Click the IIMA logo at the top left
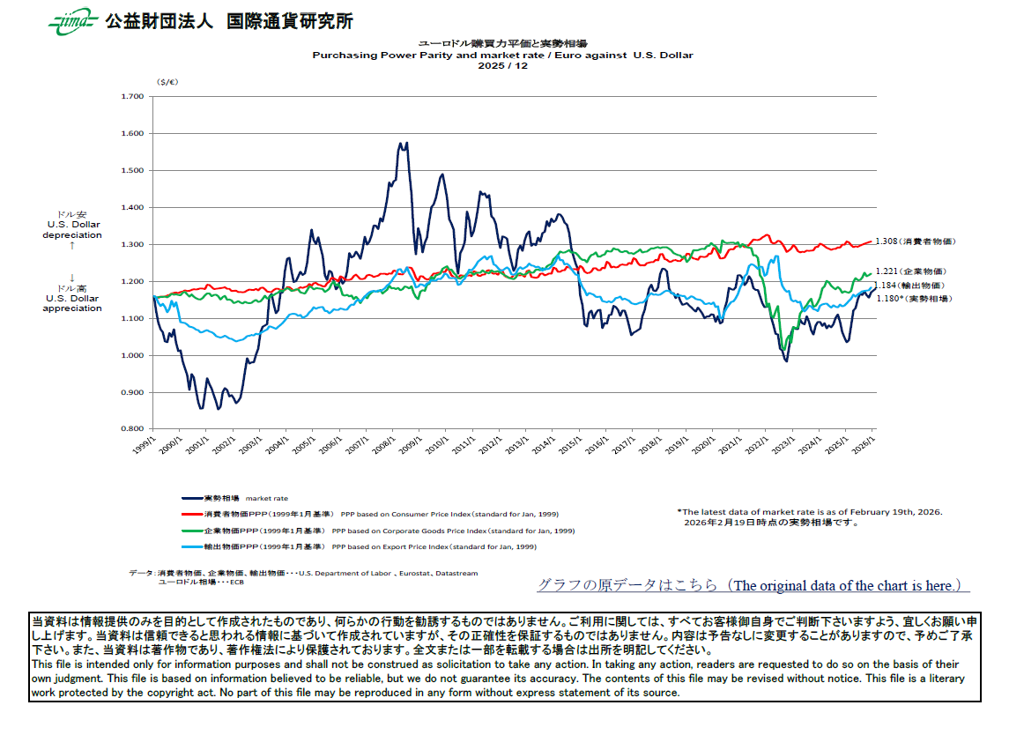(71, 22)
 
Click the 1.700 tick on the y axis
(131, 96)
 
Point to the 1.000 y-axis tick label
(131, 355)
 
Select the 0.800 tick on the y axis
(131, 429)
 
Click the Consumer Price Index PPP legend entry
(370, 514)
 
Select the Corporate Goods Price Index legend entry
(379, 531)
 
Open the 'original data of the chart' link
(753, 585)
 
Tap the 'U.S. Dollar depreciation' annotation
(72, 230)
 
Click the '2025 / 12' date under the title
(502, 65)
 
